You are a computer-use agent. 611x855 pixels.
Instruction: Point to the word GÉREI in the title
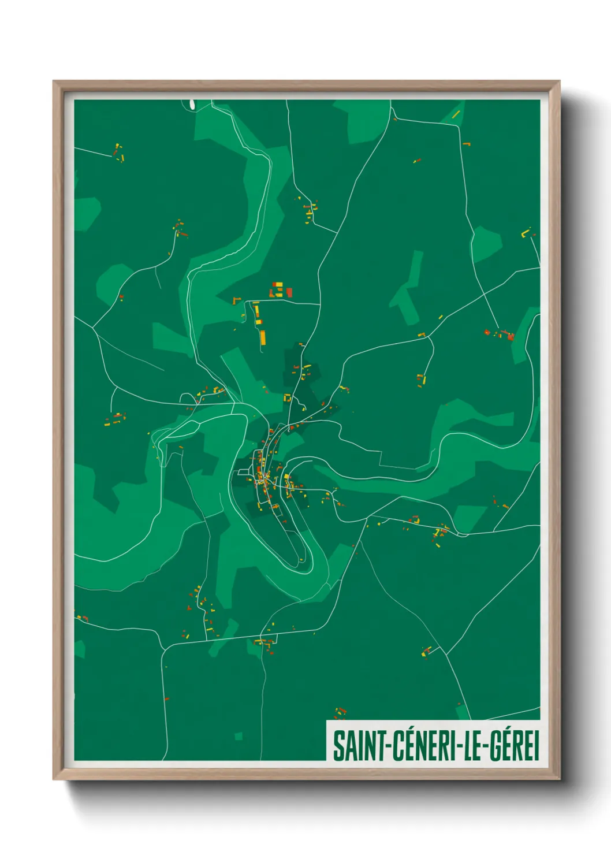point(515,745)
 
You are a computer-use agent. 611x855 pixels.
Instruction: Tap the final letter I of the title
point(537,745)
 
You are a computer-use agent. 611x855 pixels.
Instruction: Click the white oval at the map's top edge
point(192,104)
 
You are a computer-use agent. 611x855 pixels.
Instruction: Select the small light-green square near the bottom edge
point(239,736)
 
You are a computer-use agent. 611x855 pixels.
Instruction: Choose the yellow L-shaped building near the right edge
point(526,233)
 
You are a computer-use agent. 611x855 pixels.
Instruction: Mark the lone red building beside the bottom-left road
point(85,618)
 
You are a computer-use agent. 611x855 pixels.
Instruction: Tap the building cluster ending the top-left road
point(119,153)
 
